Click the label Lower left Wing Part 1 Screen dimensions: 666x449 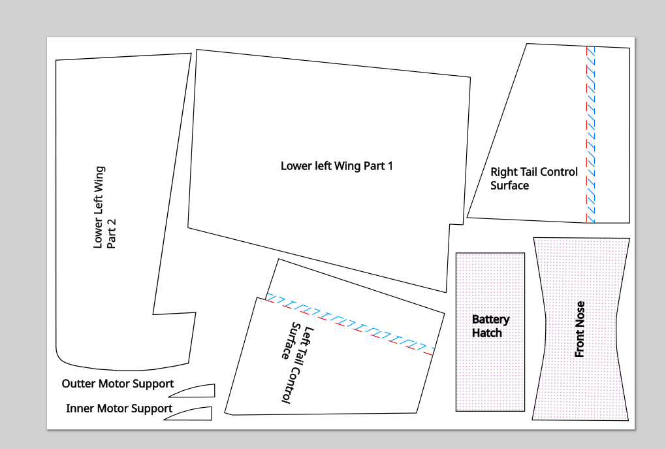tap(336, 166)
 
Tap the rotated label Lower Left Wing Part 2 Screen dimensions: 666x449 tap(104, 207)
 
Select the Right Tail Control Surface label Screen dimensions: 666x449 tap(534, 178)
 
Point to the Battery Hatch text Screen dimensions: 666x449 tap(490, 326)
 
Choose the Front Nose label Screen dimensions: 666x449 tap(580, 329)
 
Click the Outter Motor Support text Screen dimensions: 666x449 tap(118, 384)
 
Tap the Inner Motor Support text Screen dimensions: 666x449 tap(119, 408)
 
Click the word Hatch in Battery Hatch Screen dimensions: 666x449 tap(486, 333)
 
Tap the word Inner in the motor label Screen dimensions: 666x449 tap(78, 408)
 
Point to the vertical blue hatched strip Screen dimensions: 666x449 tap(591, 135)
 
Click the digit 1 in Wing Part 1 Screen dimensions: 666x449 tap(390, 166)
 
